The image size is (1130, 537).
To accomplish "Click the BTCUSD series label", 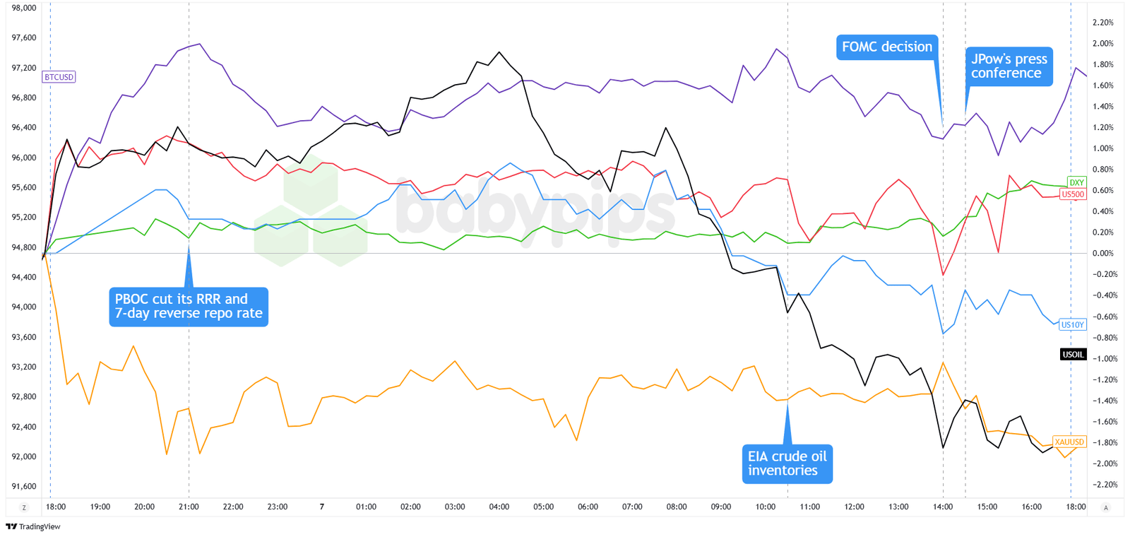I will pos(59,77).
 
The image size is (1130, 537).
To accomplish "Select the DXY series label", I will pos(1076,182).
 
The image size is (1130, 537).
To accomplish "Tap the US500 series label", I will pos(1073,194).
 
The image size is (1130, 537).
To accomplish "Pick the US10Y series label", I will pos(1072,325).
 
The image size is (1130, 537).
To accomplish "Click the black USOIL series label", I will pos(1073,355).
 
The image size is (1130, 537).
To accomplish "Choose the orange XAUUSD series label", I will pos(1069,442).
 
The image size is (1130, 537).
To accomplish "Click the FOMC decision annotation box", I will pos(887,47).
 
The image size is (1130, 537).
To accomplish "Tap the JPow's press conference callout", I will pos(1009,66).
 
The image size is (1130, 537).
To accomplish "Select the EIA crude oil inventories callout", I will pos(787,464).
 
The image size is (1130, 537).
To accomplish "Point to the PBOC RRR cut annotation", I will pos(189,307).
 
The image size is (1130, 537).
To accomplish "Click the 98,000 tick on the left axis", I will pos(24,8).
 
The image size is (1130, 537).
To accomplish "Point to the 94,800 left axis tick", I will pos(24,247).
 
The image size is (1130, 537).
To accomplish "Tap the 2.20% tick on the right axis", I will pos(1102,23).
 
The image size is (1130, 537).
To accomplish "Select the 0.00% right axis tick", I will pos(1102,254).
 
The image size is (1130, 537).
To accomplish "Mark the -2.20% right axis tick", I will pos(1102,485).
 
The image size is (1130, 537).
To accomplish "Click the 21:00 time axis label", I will pos(189,507).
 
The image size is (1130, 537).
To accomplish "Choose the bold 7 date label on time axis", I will pos(322,507).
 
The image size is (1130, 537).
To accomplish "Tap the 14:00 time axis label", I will pos(943,507).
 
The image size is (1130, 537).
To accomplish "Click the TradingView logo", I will pos(33,526).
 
